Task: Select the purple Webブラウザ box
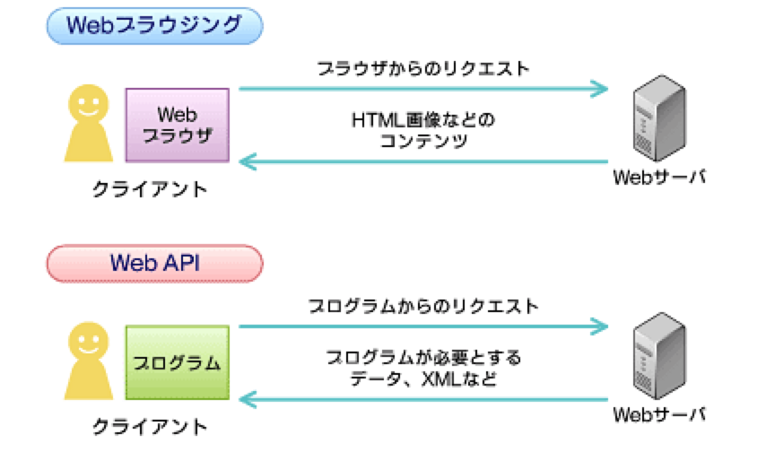pyautogui.click(x=177, y=126)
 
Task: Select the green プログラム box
pyautogui.click(x=177, y=363)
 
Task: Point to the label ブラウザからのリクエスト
pyautogui.click(x=423, y=68)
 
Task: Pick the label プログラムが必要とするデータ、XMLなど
pyautogui.click(x=423, y=369)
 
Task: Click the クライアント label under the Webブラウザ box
pyautogui.click(x=150, y=189)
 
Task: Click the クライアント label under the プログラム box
pyautogui.click(x=150, y=426)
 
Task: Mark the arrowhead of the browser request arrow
pyautogui.click(x=600, y=89)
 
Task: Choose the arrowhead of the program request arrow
pyautogui.click(x=600, y=326)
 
